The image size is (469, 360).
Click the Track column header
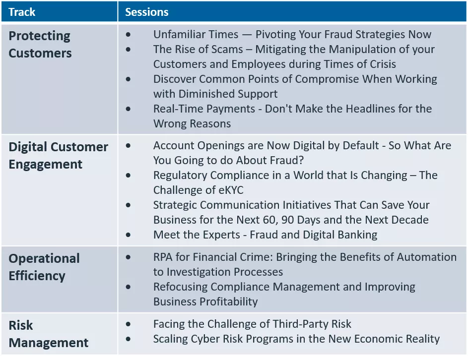22,12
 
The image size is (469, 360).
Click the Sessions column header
146,12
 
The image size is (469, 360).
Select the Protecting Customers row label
40,45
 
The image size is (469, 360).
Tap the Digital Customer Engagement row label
58,155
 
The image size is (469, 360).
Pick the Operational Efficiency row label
44,267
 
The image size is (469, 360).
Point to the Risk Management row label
49,334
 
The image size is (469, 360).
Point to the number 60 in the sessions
312,220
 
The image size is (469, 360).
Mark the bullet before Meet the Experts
129,234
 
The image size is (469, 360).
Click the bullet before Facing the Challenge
129,324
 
